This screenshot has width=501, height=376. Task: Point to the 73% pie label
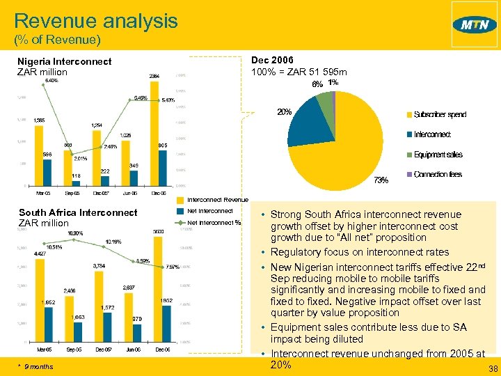coord(381,180)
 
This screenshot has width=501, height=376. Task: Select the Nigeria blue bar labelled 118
coord(77,182)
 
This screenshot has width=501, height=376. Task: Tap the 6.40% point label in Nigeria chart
coord(51,81)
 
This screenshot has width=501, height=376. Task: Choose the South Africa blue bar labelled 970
coord(137,332)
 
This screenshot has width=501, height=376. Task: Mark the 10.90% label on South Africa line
coord(76,233)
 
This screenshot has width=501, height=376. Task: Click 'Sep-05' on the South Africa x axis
coord(72,350)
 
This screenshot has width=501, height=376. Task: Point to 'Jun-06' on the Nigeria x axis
coord(130,193)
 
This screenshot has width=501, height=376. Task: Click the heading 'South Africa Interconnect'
coord(78,212)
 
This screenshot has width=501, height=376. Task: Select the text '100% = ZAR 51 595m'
coord(299,72)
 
